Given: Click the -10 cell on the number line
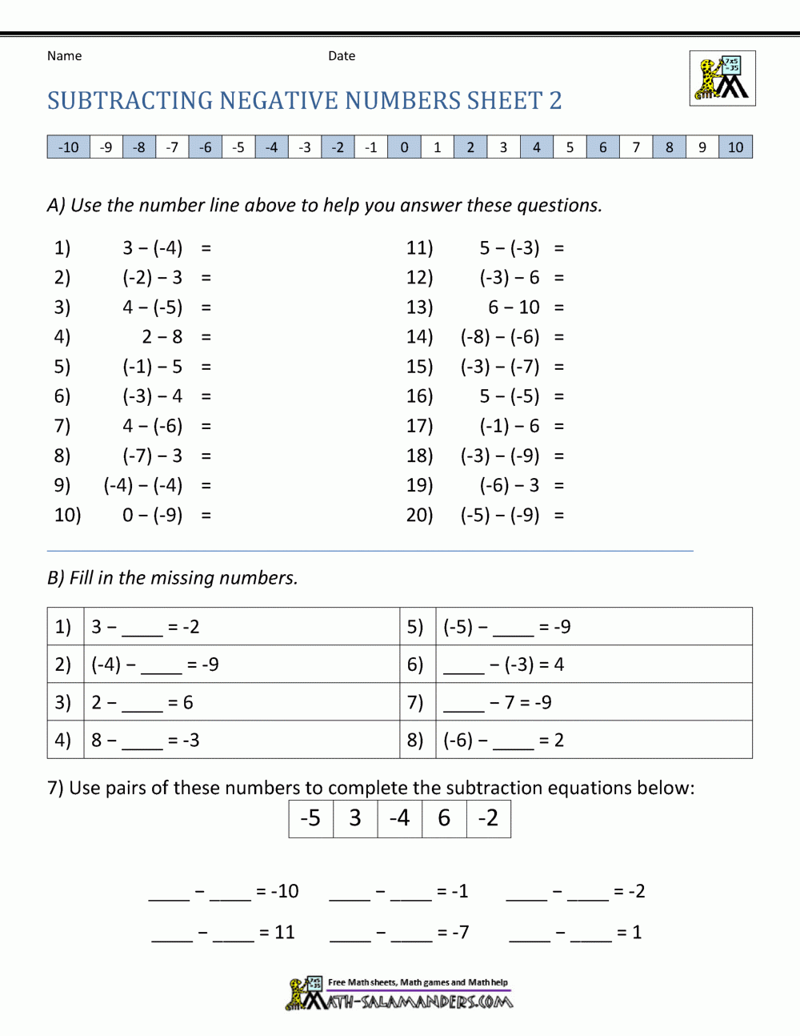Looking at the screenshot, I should [69, 147].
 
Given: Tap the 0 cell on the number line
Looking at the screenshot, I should [404, 147].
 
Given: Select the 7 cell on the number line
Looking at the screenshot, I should [636, 147].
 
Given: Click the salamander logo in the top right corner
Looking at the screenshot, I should [722, 78].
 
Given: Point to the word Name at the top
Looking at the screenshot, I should [64, 56].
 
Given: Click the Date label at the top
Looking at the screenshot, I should [342, 56].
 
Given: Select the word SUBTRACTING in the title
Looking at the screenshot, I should [130, 101].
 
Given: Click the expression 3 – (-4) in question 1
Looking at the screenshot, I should [152, 248].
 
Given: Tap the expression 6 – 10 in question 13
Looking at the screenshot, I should [514, 307].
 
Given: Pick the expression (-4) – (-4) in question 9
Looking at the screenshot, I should [142, 485].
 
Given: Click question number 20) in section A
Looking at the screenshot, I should [419, 515].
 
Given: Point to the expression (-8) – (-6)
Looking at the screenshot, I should [500, 337].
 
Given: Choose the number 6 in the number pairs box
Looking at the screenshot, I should [444, 818].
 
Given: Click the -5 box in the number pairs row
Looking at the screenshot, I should [310, 818].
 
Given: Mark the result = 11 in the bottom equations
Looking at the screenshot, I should [278, 933].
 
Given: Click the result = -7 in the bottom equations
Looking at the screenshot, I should [454, 933].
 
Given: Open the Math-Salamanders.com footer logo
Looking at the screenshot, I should [400, 994].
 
